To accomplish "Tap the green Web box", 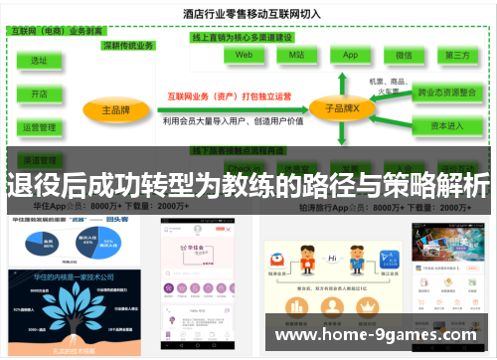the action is (x=244, y=57).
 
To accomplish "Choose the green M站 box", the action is (x=296, y=57).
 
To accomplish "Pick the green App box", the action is (x=350, y=57).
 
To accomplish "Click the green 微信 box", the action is (x=404, y=57).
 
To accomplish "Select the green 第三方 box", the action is (x=457, y=57).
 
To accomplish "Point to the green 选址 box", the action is (x=40, y=61).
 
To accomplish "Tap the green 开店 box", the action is (x=40, y=93).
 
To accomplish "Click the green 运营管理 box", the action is (x=40, y=127).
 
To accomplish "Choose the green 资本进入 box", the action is (x=446, y=125).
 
